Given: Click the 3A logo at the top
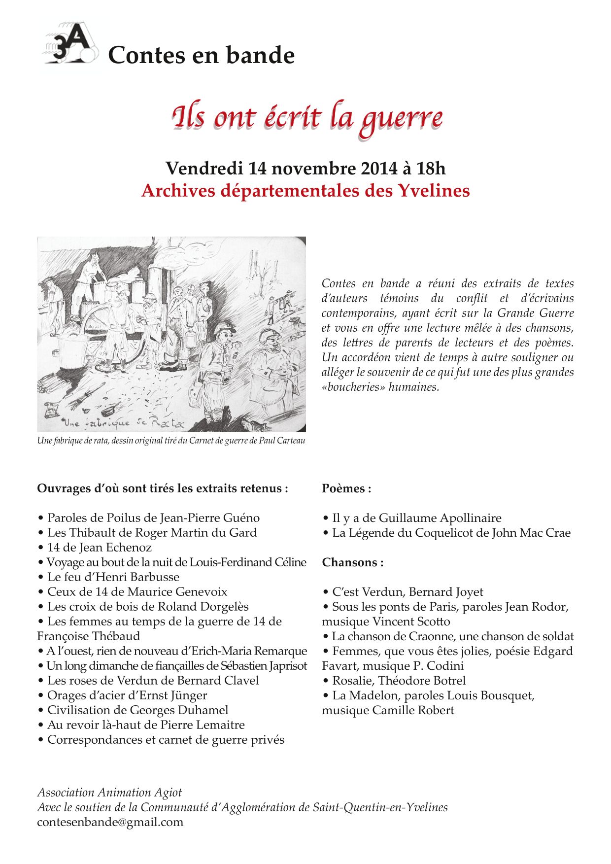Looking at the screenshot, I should click(x=70, y=45).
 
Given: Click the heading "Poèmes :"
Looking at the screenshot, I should click(x=346, y=488).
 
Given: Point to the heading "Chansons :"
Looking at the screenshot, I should click(x=353, y=562).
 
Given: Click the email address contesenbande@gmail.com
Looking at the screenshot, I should click(x=110, y=822).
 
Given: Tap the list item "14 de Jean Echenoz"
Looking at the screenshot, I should click(x=99, y=548).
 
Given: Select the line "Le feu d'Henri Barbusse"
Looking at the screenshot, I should click(x=113, y=577).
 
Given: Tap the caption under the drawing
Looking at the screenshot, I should click(x=171, y=441).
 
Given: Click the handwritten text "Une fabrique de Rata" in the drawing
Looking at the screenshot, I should click(x=123, y=423).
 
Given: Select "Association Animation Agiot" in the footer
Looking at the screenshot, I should click(x=109, y=793).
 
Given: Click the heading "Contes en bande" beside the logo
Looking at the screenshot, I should click(x=201, y=55).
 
